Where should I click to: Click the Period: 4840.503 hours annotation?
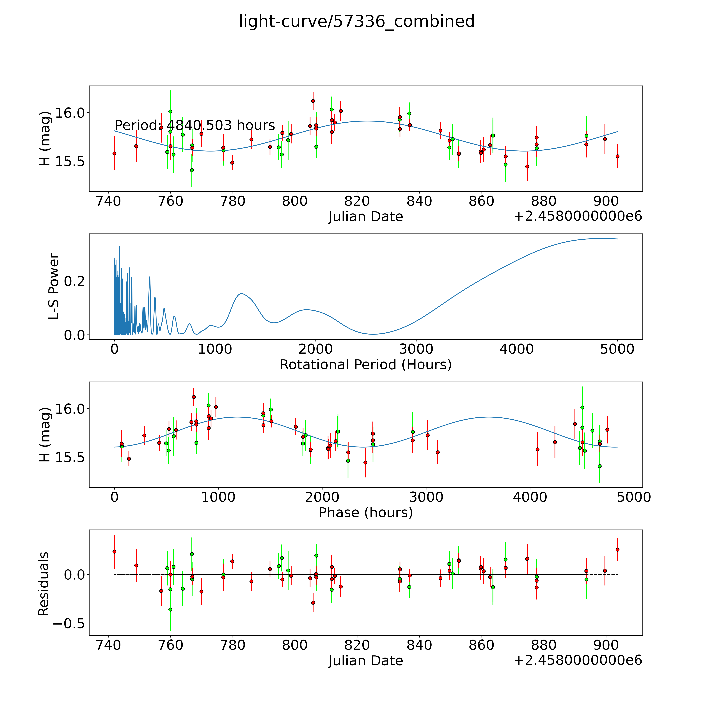pos(195,126)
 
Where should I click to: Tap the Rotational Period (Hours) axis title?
pos(365,365)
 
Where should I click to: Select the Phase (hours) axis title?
pos(365,513)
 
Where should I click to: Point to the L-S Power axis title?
pos(54,286)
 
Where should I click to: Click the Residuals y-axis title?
pos(44,584)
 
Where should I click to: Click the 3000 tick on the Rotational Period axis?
pos(416,349)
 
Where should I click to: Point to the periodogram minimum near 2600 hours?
pos(373,334)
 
